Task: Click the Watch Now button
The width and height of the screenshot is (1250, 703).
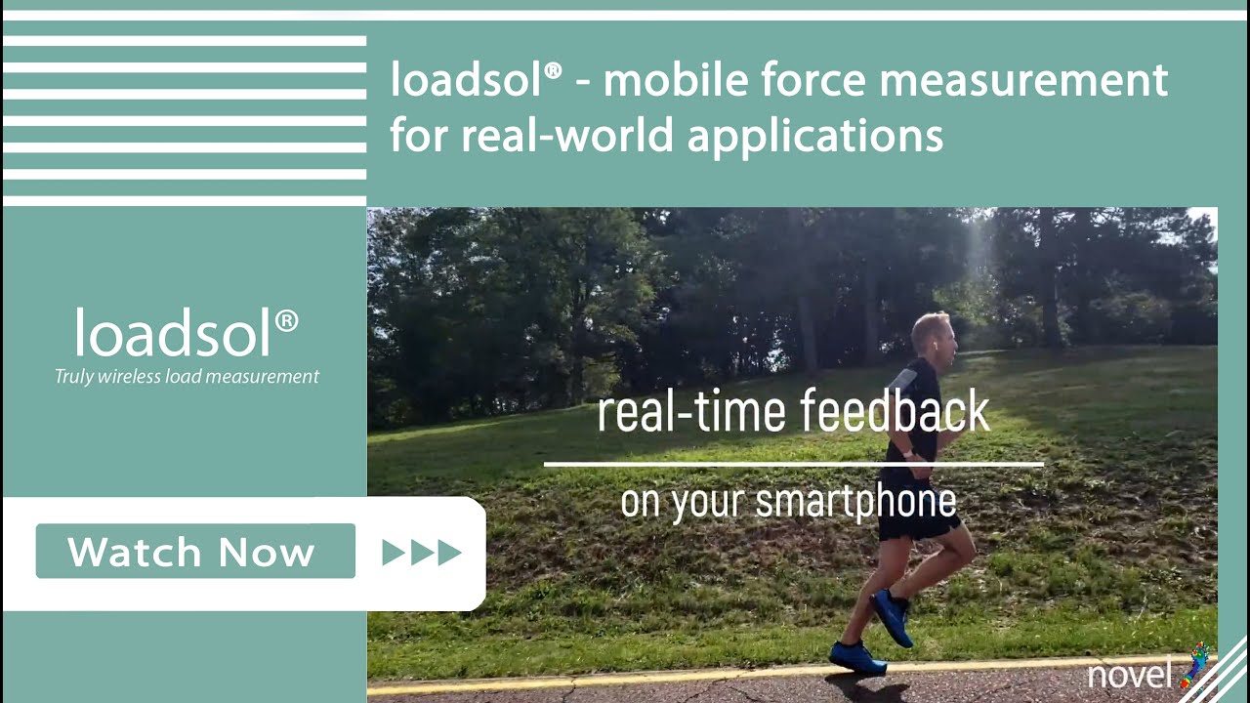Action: click(195, 552)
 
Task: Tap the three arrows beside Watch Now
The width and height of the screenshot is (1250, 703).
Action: click(421, 553)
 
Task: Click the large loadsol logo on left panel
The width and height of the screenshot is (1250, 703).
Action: click(187, 333)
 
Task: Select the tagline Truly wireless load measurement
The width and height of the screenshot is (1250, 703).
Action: click(187, 376)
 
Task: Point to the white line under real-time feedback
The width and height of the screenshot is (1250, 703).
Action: click(793, 465)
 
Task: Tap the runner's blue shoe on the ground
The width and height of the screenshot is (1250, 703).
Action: click(856, 657)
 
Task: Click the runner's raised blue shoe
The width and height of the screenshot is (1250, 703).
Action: click(892, 616)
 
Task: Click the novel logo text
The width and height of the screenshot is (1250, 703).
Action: click(1130, 675)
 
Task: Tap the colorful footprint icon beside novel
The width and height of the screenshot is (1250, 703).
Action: click(1194, 666)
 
